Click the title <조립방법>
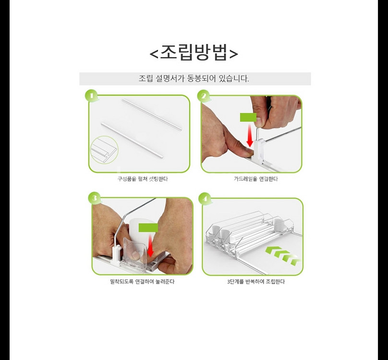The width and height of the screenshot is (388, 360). pos(194,52)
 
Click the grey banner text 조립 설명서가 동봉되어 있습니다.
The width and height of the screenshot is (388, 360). pos(194,79)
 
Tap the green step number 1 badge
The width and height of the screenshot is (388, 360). pos(91,96)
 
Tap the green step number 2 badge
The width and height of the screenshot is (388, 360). pos(204,96)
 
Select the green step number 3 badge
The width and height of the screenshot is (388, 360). pos(94,198)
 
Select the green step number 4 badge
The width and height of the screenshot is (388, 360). pos(206,199)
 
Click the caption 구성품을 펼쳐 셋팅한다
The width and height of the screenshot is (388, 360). pos(143,179)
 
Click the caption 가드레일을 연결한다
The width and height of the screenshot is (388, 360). pos(256,179)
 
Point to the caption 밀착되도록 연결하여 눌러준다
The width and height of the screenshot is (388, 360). pos(142,282)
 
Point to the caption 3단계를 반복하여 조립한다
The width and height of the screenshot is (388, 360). pos(256,282)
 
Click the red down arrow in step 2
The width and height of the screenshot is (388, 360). pos(250,135)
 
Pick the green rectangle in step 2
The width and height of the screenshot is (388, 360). pos(248,118)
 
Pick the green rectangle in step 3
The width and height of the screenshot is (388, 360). pos(148,228)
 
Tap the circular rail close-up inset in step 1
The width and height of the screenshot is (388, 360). pos(104,150)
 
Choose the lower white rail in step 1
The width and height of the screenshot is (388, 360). pos(132,140)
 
